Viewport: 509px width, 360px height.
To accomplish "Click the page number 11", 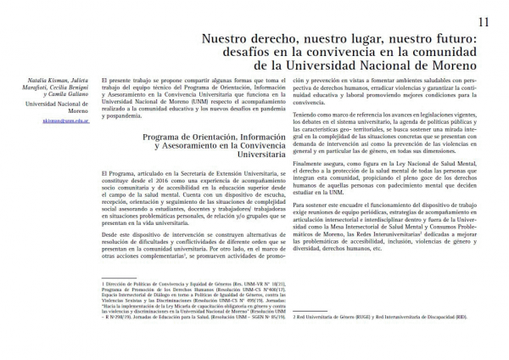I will point(484,20).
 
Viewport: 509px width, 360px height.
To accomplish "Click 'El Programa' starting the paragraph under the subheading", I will point(118,171).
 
